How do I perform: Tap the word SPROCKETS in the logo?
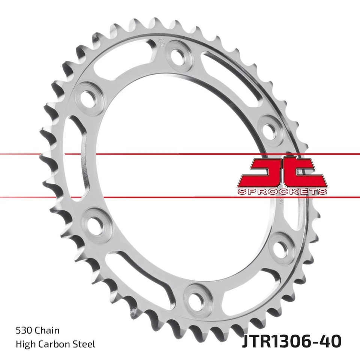282,192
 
